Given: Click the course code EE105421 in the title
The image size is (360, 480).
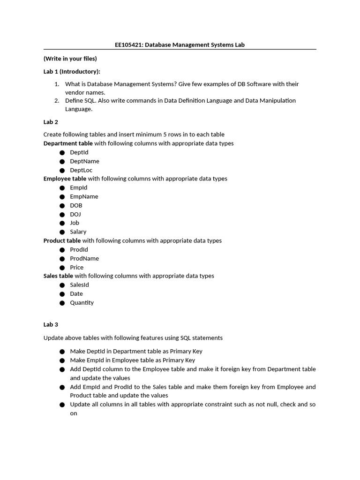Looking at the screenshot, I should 129,45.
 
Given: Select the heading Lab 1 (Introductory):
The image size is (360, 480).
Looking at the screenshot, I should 72,71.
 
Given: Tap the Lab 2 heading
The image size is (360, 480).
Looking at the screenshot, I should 51,122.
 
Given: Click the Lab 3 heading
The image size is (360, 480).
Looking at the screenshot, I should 51,324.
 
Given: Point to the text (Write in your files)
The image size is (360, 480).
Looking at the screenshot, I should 70,59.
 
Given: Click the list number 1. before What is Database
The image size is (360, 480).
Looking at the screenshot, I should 57,84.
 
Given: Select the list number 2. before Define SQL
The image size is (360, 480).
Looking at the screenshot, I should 57,100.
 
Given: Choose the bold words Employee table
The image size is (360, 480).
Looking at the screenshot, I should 65,179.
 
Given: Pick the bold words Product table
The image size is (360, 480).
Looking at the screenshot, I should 62,240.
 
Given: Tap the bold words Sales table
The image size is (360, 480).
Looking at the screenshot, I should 58,276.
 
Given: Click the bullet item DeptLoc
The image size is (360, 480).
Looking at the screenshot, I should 81,170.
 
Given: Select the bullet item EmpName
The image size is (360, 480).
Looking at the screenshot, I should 84,196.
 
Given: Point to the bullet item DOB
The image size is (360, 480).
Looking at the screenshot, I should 76,205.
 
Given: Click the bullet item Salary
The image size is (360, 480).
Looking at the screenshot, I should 78,232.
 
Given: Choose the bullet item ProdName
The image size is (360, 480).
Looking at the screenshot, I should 84,258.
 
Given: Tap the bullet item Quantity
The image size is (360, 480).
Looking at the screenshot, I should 82,302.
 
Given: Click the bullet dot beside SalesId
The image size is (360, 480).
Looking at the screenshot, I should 62,285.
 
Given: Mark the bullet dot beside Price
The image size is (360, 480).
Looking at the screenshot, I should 62,268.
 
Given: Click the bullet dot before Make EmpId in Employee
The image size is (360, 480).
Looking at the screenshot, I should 62,360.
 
